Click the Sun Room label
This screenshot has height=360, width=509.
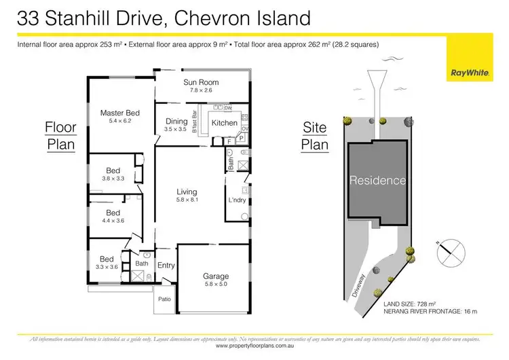point(200,82)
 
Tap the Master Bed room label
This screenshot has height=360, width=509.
point(119,113)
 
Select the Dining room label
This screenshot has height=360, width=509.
point(176,122)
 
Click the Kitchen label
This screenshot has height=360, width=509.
point(224,123)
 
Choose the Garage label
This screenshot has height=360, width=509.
point(216,276)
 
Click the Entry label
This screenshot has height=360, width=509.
point(166,266)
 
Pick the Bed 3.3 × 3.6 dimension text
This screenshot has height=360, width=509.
point(107,267)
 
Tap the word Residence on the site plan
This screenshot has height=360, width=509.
point(378,181)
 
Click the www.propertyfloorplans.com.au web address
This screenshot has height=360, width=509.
point(254,346)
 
